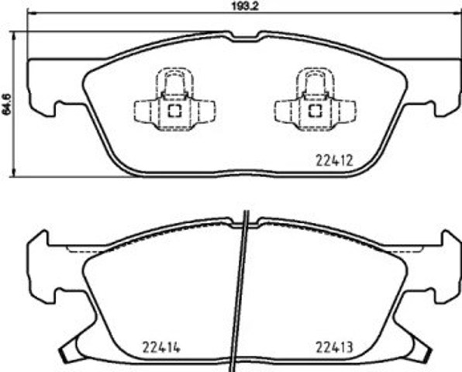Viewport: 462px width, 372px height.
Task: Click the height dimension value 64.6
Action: pos(7,103)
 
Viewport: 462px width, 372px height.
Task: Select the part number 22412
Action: pos(334,162)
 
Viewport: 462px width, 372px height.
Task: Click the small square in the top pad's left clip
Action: pos(175,110)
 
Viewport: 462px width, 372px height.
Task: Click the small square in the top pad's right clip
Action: pos(315,110)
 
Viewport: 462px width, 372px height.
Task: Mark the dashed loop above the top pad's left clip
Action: pos(174,81)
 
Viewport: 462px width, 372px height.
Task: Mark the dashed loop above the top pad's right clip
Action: pos(315,81)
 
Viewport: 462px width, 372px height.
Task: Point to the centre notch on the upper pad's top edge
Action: pos(246,36)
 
